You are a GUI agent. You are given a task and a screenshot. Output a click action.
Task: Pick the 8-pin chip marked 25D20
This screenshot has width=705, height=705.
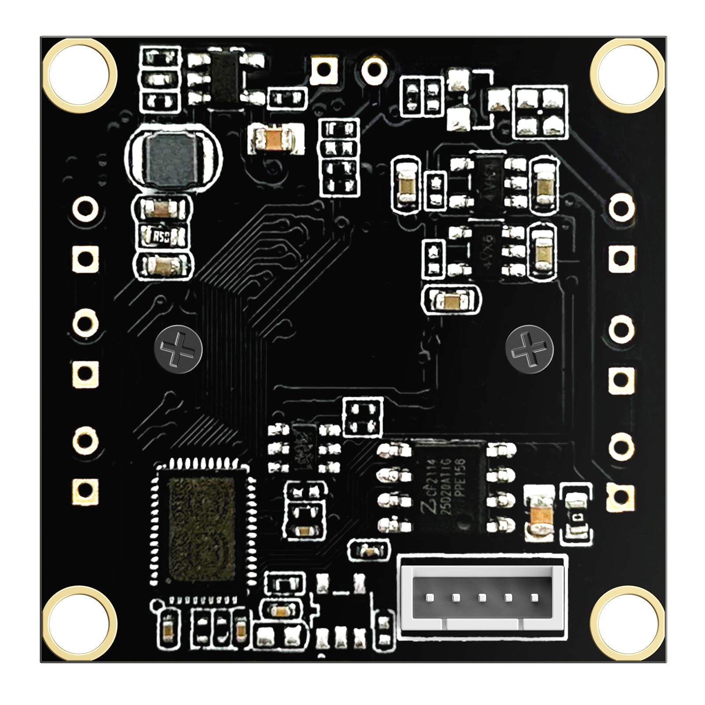coord(449,487)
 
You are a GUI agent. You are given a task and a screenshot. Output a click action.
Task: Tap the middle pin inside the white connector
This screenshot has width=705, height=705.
coord(482,598)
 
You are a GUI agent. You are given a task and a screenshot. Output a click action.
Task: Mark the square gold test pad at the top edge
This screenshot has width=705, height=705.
coord(325,68)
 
